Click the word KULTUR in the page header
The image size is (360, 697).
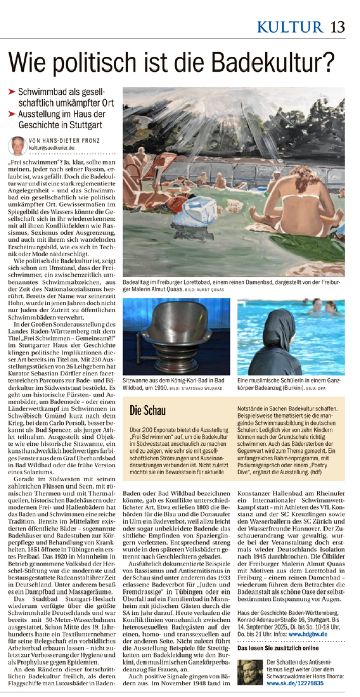[290, 26]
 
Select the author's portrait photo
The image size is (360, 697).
[18, 146]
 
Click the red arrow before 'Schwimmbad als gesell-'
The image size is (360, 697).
[12, 92]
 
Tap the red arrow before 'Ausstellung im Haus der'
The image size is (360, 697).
[12, 114]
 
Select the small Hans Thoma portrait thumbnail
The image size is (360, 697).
[250, 672]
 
